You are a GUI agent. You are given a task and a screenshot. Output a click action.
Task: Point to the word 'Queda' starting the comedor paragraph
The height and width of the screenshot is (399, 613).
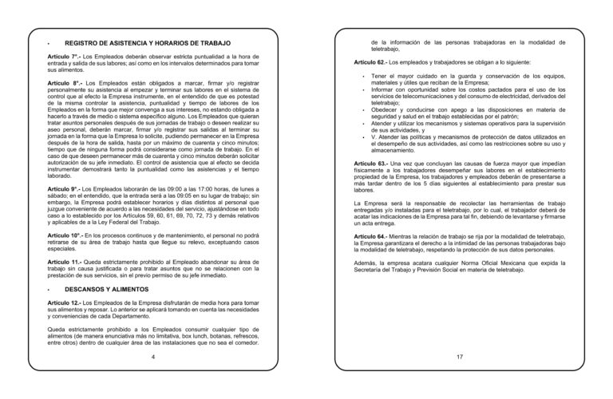point(57,329)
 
